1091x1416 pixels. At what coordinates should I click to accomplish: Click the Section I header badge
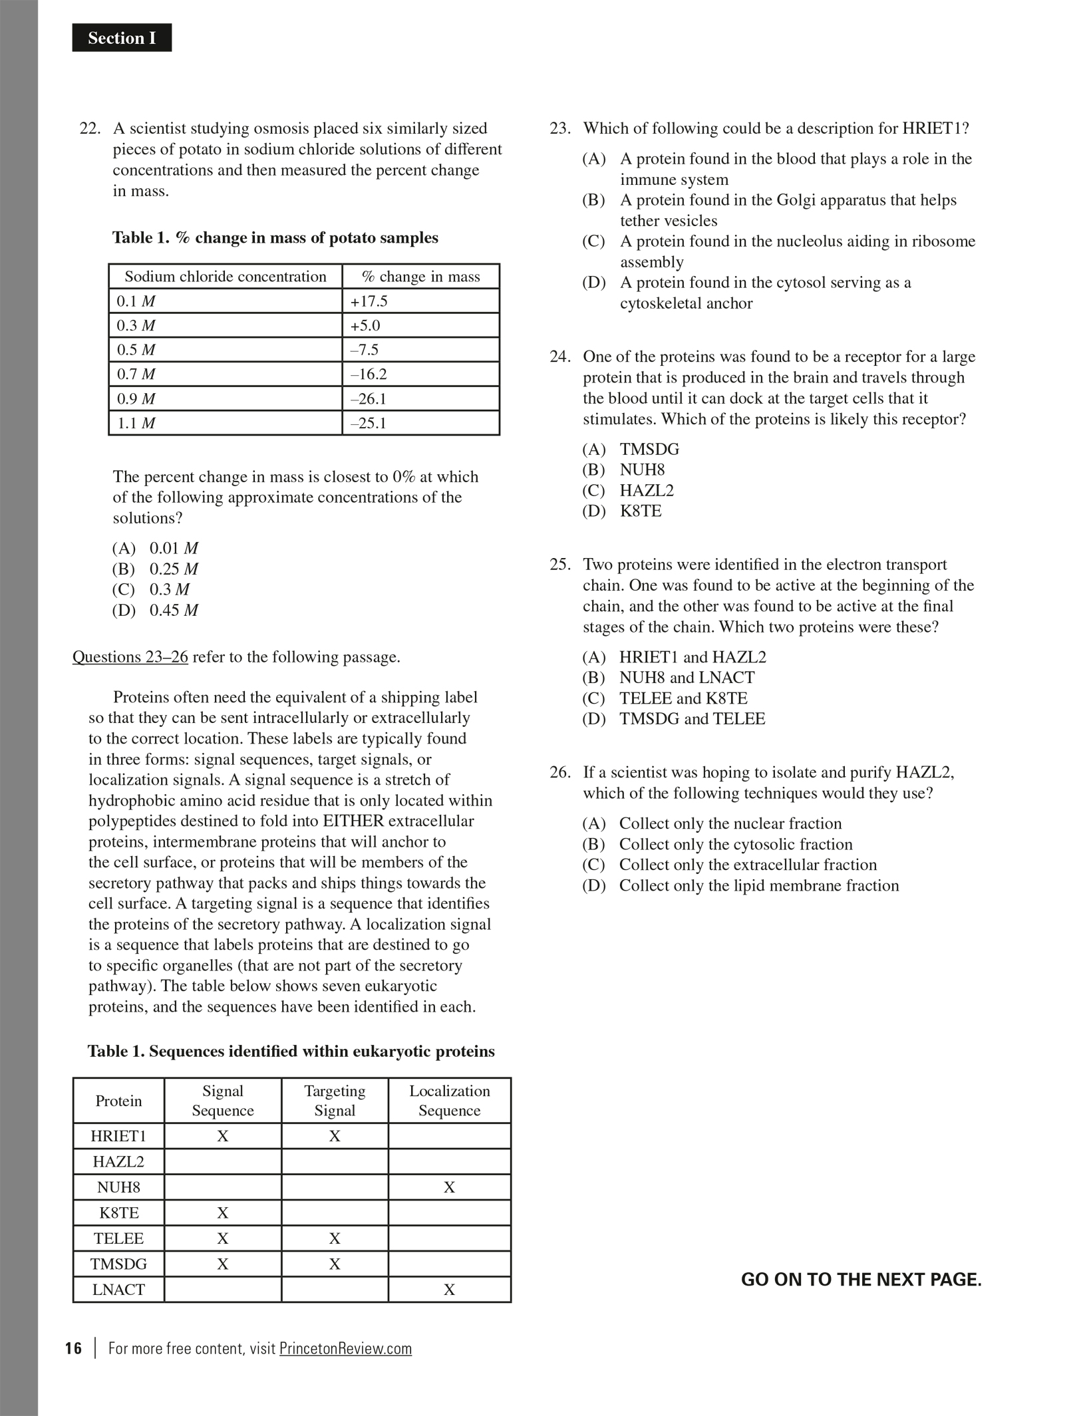(122, 38)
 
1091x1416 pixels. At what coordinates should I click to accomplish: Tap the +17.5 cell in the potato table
(369, 301)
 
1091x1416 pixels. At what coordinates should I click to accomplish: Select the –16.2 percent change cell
(369, 374)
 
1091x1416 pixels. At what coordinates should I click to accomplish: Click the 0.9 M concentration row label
(136, 399)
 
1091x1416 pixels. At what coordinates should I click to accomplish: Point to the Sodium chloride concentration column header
(226, 277)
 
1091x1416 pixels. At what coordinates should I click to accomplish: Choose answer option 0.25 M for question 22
(173, 569)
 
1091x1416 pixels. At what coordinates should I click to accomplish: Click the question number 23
(559, 128)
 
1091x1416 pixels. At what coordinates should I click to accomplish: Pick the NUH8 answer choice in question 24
(642, 470)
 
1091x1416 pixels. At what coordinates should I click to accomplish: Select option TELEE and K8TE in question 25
(683, 698)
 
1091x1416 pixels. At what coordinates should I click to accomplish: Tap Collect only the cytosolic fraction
(735, 845)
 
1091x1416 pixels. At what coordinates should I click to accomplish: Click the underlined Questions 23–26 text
(130, 658)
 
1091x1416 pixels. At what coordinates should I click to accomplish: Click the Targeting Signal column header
(335, 1101)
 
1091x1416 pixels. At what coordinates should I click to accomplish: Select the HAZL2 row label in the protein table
(118, 1162)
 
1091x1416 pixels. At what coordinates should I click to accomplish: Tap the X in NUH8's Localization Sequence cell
(450, 1188)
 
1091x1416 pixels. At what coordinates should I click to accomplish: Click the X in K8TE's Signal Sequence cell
(223, 1213)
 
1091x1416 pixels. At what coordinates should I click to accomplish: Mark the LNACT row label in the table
(118, 1290)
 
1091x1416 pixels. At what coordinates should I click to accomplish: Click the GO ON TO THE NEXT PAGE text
(861, 1280)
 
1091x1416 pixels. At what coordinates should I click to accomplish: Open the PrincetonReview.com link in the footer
(345, 1349)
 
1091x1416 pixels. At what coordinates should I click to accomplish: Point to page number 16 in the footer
(73, 1349)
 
